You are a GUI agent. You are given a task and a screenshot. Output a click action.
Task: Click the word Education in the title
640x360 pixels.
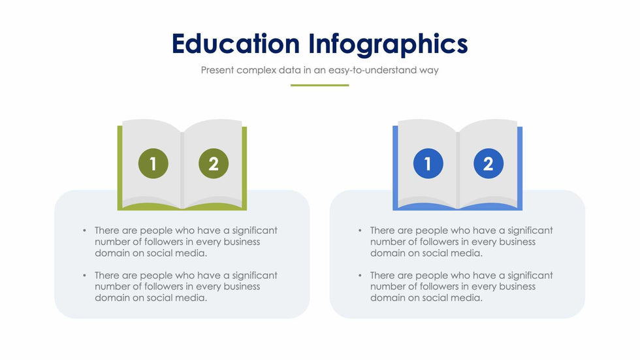click(x=236, y=44)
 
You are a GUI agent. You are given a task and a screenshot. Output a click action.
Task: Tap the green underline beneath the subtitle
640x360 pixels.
click(x=319, y=86)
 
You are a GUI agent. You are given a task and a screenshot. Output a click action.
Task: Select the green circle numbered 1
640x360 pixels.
click(x=153, y=164)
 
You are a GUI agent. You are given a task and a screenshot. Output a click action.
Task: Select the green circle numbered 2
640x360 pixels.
click(x=214, y=164)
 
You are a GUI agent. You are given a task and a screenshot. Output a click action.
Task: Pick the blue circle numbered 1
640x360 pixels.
click(x=428, y=164)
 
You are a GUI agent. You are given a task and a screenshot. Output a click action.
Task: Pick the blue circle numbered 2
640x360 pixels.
click(x=488, y=164)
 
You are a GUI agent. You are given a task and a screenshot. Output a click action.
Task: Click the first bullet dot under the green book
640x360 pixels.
click(x=84, y=231)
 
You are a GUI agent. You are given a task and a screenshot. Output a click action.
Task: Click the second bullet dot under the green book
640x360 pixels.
click(x=84, y=276)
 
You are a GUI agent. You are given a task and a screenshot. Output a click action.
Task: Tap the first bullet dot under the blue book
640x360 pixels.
click(x=360, y=231)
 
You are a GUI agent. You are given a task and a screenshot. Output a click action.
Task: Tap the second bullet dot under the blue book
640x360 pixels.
click(x=360, y=276)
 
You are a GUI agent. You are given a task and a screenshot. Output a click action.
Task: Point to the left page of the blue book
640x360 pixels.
click(x=427, y=163)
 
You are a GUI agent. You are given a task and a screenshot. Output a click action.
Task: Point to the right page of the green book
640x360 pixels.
click(x=213, y=163)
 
